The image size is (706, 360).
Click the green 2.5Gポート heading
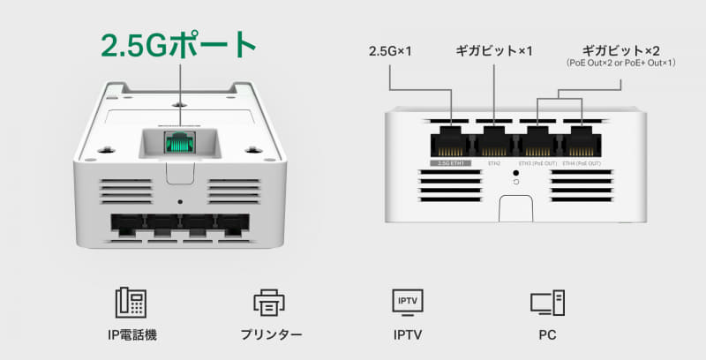(x=179, y=44)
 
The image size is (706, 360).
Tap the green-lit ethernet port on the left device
(x=180, y=141)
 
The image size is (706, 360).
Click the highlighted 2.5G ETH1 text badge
(x=451, y=163)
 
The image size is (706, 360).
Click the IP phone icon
(x=130, y=303)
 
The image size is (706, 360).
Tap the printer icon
(x=267, y=303)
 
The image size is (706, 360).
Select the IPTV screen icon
(x=407, y=301)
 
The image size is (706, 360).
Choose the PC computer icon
(x=546, y=303)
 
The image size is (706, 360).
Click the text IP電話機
(x=130, y=336)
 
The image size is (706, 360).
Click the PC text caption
(x=546, y=336)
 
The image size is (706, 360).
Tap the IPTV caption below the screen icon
(x=407, y=336)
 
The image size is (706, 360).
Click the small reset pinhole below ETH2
(x=514, y=174)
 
